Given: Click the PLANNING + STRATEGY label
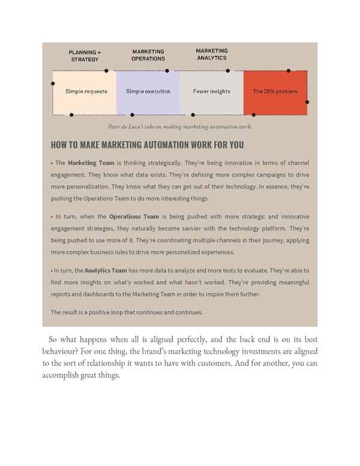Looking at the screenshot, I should (85, 56).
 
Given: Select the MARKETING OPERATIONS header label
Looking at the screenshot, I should (148, 55).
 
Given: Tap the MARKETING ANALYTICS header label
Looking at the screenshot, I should (211, 55).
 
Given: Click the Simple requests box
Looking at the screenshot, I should (86, 92).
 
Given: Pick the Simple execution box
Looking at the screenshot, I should (148, 92).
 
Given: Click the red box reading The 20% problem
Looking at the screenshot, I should (275, 92).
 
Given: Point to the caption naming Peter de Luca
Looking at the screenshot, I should (180, 127).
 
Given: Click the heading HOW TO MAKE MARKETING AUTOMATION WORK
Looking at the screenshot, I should (148, 145).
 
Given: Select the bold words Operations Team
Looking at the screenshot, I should (134, 216).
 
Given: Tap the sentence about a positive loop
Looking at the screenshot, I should (127, 312).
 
